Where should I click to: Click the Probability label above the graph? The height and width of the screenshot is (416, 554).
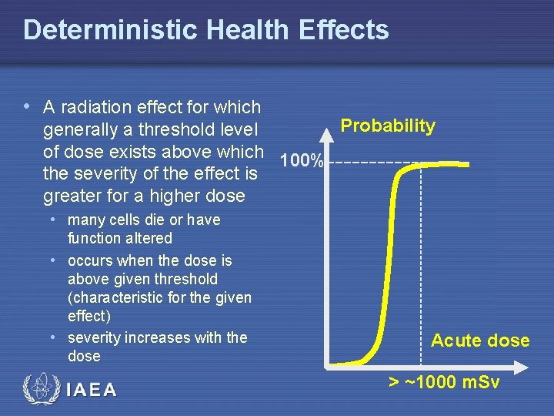[x=388, y=126]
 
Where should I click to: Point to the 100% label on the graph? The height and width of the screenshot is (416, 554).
[x=302, y=161]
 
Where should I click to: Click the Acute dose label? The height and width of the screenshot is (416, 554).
[x=480, y=341]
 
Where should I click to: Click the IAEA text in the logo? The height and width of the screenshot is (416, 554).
[x=92, y=389]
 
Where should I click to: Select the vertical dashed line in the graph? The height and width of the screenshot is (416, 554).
[x=421, y=262]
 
